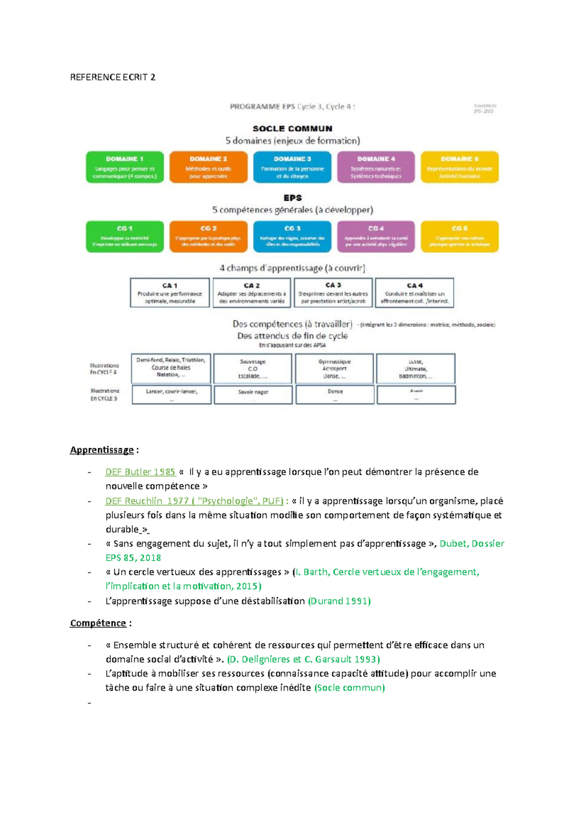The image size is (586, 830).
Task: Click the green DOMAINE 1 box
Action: point(125,167)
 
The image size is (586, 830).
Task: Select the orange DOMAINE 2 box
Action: point(209,167)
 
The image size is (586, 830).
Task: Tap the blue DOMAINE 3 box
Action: point(292,167)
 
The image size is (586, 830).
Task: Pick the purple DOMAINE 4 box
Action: point(376,167)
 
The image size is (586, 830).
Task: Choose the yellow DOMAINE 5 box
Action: point(460,167)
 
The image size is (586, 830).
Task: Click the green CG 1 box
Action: point(125,237)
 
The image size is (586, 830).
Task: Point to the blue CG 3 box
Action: point(292,237)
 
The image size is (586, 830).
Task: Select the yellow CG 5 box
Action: point(460,237)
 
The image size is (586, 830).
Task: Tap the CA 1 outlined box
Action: point(170,293)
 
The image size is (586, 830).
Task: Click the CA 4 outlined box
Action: point(415,293)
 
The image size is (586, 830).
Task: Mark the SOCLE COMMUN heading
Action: point(293,129)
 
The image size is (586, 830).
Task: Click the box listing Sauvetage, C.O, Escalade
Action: point(252,369)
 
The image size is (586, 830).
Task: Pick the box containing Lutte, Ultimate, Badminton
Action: point(416,369)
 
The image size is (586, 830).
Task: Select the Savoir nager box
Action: point(253,394)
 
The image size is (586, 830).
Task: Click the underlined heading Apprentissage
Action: point(102,450)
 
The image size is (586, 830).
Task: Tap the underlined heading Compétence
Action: point(98,623)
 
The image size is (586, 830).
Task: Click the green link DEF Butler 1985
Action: point(140,472)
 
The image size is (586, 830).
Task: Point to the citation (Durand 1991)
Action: point(339,601)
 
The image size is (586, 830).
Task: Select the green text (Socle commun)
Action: point(350,687)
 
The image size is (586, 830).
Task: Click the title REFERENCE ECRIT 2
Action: point(113,77)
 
